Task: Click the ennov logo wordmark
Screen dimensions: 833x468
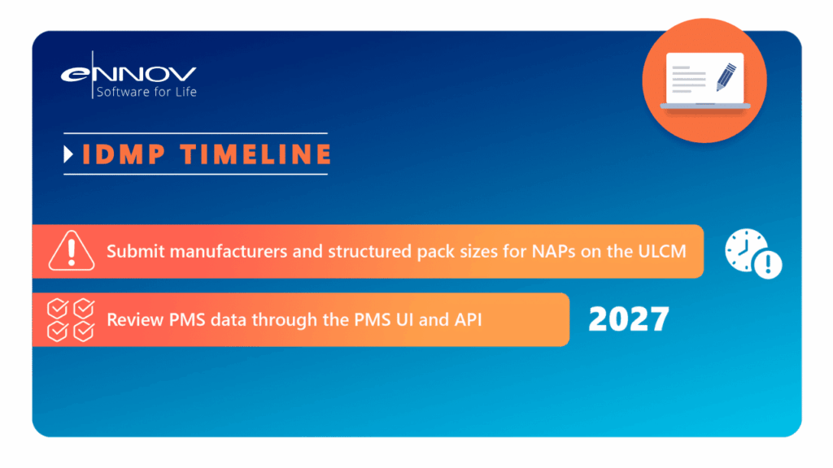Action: pyautogui.click(x=129, y=74)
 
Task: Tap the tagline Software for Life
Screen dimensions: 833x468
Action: pyautogui.click(x=146, y=92)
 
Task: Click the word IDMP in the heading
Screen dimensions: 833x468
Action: pyautogui.click(x=124, y=154)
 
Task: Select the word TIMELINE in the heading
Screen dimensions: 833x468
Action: pyautogui.click(x=256, y=154)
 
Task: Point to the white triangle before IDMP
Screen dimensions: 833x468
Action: pyautogui.click(x=68, y=154)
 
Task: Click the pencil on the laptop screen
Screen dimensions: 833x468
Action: pyautogui.click(x=726, y=77)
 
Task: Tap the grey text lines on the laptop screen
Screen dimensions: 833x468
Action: pyautogui.click(x=688, y=80)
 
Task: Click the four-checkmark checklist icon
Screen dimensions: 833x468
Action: pyautogui.click(x=71, y=319)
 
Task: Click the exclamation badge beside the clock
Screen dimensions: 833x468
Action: pyautogui.click(x=768, y=264)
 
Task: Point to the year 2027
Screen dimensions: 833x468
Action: pyautogui.click(x=629, y=319)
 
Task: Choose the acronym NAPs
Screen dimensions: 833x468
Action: pyautogui.click(x=553, y=251)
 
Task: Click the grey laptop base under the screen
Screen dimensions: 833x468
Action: pyautogui.click(x=705, y=106)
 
